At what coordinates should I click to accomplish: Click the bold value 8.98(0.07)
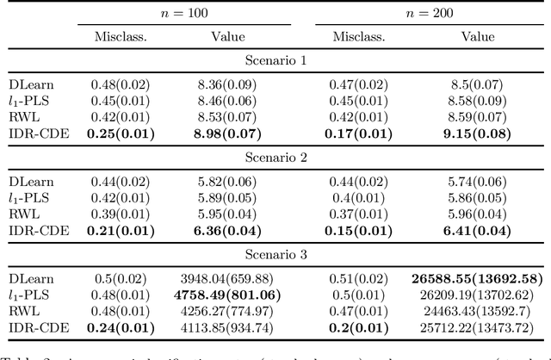pyautogui.click(x=227, y=133)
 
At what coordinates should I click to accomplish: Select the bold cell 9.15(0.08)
pyautogui.click(x=477, y=133)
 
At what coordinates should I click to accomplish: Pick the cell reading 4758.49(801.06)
pyautogui.click(x=227, y=295)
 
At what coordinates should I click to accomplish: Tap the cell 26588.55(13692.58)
pyautogui.click(x=477, y=280)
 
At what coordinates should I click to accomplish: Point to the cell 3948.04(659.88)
pyautogui.click(x=227, y=280)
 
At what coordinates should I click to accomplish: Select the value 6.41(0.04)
pyautogui.click(x=477, y=232)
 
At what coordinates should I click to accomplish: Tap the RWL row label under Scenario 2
pyautogui.click(x=24, y=215)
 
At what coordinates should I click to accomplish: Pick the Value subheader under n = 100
pyautogui.click(x=227, y=37)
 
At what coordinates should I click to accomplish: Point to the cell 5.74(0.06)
pyautogui.click(x=477, y=183)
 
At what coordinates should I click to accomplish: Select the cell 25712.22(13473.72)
pyautogui.click(x=477, y=328)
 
